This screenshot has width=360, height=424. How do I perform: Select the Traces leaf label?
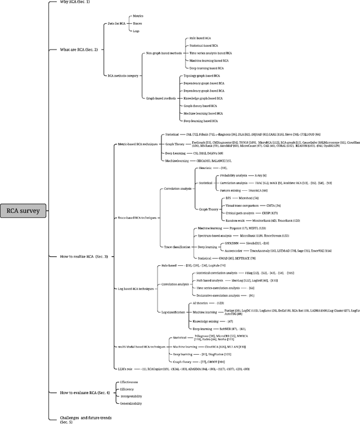(136, 24)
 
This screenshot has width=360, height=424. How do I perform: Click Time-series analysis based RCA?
(209, 53)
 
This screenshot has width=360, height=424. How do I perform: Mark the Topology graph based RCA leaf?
(205, 76)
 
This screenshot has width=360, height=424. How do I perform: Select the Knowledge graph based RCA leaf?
(206, 98)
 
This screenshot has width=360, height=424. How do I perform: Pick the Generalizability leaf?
(132, 404)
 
